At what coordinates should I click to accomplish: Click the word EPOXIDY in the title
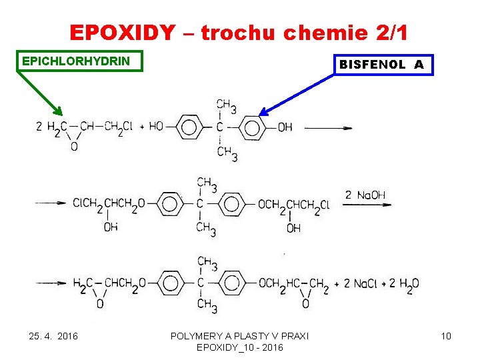[122, 32]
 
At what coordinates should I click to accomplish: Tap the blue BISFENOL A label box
[382, 65]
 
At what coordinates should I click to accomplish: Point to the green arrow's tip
[60, 115]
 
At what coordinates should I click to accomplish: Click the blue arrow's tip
[261, 115]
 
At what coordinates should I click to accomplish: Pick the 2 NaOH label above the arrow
[365, 195]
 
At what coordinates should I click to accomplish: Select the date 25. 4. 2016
[54, 336]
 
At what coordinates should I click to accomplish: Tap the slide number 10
[446, 336]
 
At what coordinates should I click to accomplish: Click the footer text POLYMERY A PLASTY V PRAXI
[239, 336]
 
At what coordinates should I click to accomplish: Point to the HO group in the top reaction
[156, 127]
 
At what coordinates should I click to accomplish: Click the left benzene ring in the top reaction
[189, 127]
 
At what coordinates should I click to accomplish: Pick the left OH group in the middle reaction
[111, 227]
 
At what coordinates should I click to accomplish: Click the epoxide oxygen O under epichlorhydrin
[73, 147]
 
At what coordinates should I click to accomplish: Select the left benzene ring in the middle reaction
[171, 204]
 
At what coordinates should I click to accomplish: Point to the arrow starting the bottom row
[51, 284]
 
